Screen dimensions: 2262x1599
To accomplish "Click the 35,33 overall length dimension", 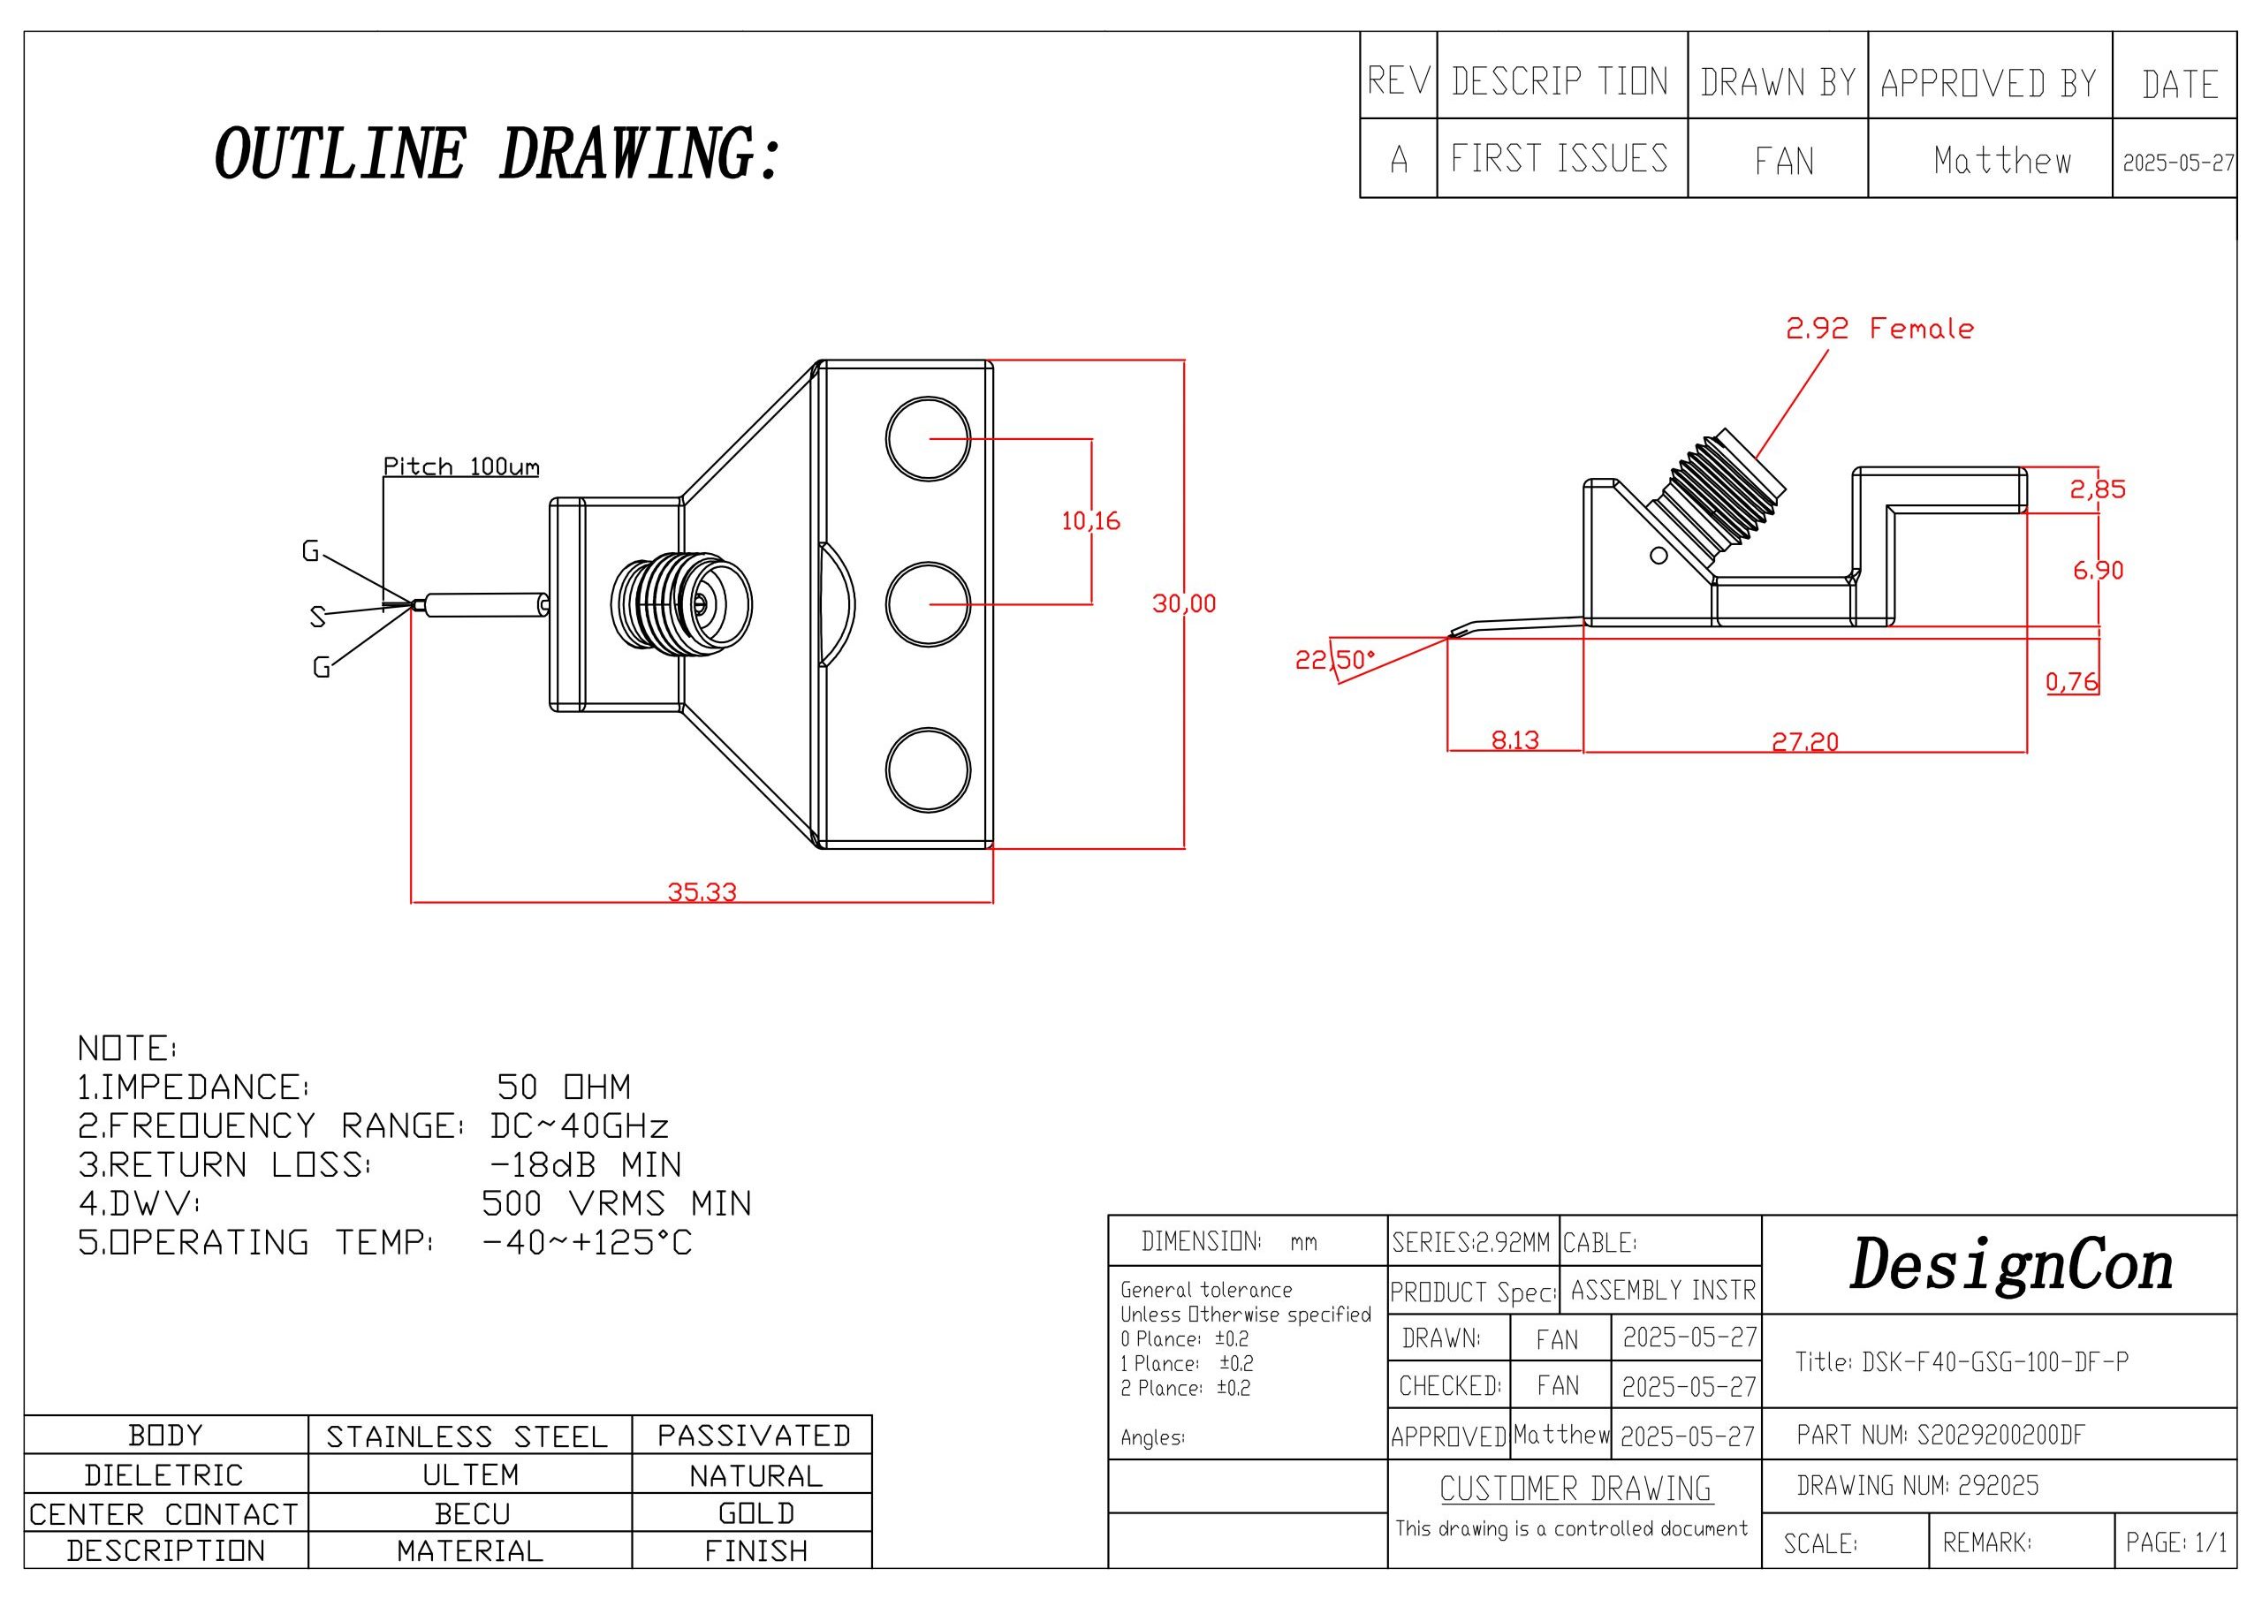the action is click(702, 891).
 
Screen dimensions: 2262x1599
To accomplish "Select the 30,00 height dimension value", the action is click(1184, 603).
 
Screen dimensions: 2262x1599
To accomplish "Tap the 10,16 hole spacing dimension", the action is click(1090, 520).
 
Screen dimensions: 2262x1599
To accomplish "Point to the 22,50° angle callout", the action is click(1334, 659).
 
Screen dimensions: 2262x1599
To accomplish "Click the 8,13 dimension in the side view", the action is click(1514, 739).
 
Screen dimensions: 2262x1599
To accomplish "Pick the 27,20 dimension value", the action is click(1805, 741).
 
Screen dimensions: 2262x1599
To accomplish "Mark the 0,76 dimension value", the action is click(2072, 681).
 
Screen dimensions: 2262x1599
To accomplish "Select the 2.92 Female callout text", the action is click(1879, 328).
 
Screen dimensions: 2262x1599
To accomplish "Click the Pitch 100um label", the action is click(461, 466).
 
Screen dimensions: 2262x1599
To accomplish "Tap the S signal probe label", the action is click(317, 617).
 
